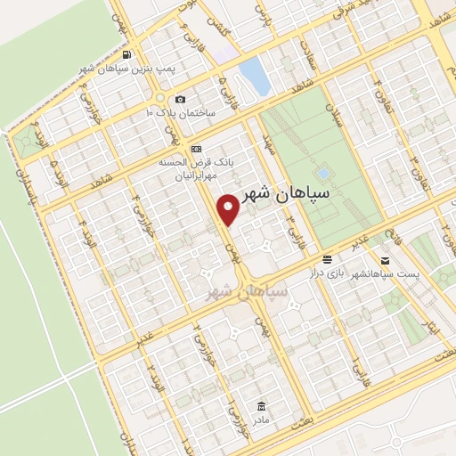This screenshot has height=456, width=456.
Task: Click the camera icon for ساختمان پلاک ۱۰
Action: tap(181, 99)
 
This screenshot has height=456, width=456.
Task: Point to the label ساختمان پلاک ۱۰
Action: tap(182, 113)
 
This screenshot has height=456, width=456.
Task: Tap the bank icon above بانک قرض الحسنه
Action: tap(196, 148)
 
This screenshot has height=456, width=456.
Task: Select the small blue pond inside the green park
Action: tap(323, 173)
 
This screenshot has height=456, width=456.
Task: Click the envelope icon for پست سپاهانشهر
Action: tap(384, 261)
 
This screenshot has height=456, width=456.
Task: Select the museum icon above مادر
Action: tap(261, 404)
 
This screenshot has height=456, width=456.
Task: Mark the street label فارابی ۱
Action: tap(355, 366)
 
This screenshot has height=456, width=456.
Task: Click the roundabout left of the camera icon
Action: tap(160, 97)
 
